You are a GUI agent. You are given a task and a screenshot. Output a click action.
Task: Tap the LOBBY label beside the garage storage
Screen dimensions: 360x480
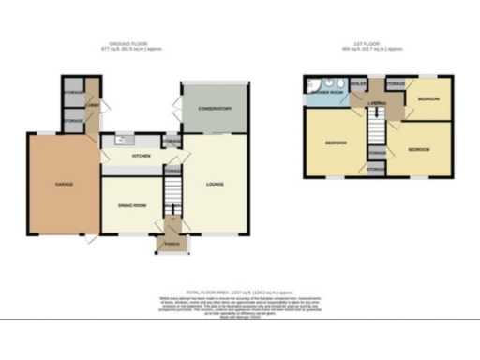[x=95, y=105]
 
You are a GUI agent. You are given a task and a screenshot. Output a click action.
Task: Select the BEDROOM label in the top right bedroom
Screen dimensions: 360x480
[x=429, y=98]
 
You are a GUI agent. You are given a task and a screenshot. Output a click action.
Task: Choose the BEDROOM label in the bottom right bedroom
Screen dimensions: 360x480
[x=419, y=150]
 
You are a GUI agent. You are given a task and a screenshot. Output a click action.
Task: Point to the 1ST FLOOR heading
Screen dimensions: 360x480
[x=376, y=44]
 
